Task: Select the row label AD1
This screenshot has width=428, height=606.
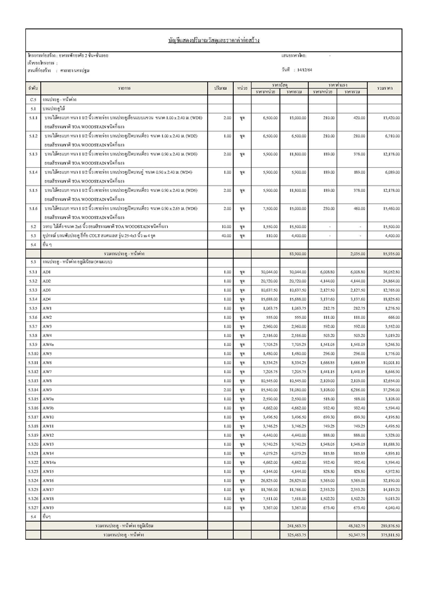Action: tap(47, 271)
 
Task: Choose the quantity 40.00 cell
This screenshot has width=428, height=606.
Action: tap(226, 235)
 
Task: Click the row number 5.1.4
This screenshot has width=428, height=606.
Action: tap(33, 172)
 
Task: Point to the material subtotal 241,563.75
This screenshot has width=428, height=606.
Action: tap(296, 525)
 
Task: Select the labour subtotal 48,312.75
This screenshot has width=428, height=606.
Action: tap(355, 525)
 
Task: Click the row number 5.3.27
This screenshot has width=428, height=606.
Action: tap(33, 508)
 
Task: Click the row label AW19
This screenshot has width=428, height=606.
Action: tap(49, 508)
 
